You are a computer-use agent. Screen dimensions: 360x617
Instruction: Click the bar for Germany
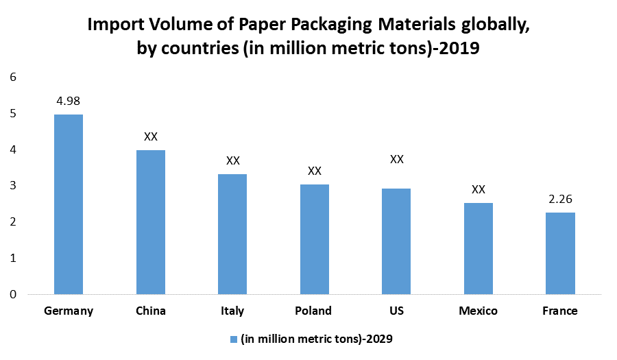tap(69, 204)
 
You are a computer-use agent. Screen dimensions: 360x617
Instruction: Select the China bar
tap(151, 222)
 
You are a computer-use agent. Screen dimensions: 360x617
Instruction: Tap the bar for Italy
tap(232, 234)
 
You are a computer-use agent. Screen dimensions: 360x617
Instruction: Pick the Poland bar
tap(314, 239)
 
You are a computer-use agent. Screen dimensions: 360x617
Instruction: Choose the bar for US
tap(396, 241)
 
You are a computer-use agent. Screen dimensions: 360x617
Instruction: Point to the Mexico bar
tap(479, 248)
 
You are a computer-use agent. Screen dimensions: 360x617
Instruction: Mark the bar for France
tap(560, 253)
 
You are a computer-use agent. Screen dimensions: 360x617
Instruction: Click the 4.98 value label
tap(69, 101)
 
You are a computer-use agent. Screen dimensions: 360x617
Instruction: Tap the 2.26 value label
tap(560, 200)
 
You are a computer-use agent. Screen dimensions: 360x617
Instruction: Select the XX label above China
tap(151, 136)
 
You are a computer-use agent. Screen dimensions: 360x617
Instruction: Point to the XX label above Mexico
tap(479, 189)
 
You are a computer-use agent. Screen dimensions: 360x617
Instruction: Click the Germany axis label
tap(69, 311)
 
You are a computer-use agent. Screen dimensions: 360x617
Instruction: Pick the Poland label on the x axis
tap(314, 311)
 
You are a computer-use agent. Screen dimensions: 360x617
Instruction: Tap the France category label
tap(560, 311)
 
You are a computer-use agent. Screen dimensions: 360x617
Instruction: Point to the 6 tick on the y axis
tap(13, 77)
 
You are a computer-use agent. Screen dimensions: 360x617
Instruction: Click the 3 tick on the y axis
tap(13, 186)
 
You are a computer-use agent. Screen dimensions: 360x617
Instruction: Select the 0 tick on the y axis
tap(13, 294)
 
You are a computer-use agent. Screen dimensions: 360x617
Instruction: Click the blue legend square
tap(234, 339)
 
